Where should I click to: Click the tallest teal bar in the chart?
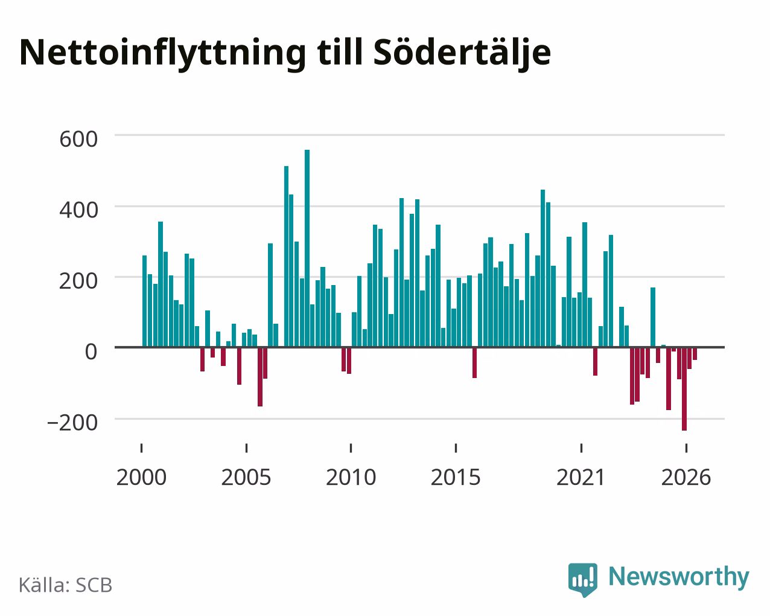pyautogui.click(x=307, y=248)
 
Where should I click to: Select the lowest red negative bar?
pyautogui.click(x=684, y=389)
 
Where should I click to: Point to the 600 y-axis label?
pyautogui.click(x=78, y=139)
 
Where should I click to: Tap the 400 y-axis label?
pyautogui.click(x=78, y=210)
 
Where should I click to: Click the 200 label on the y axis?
pyautogui.click(x=78, y=281)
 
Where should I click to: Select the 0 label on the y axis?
pyautogui.click(x=91, y=351)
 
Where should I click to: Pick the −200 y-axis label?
pyautogui.click(x=72, y=423)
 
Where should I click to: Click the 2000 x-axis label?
pyautogui.click(x=141, y=477)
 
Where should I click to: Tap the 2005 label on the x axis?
pyautogui.click(x=246, y=477)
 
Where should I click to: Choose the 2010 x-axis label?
pyautogui.click(x=351, y=477)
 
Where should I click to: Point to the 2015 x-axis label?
pyautogui.click(x=456, y=477)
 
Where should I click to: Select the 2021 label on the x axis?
pyautogui.click(x=581, y=477)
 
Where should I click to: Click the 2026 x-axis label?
pyautogui.click(x=686, y=477)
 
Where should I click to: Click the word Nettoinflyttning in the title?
pyautogui.click(x=162, y=53)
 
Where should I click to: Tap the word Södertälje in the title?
pyautogui.click(x=462, y=53)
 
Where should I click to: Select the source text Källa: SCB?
pyautogui.click(x=66, y=586)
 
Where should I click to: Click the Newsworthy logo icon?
pyautogui.click(x=582, y=580)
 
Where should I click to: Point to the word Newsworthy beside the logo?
pyautogui.click(x=679, y=577)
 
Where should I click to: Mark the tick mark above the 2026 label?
pyautogui.click(x=686, y=448)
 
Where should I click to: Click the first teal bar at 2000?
pyautogui.click(x=145, y=301)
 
